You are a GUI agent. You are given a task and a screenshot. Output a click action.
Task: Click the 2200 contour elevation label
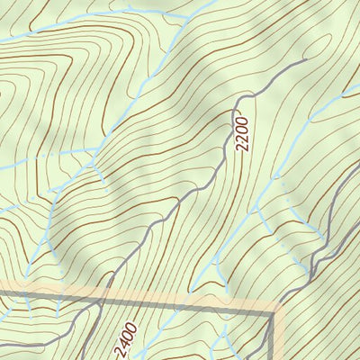click(241, 130)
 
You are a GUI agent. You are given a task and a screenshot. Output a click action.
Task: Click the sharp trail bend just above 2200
click(241, 95)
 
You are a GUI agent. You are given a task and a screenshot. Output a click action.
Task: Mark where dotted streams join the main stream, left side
click(94, 166)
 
